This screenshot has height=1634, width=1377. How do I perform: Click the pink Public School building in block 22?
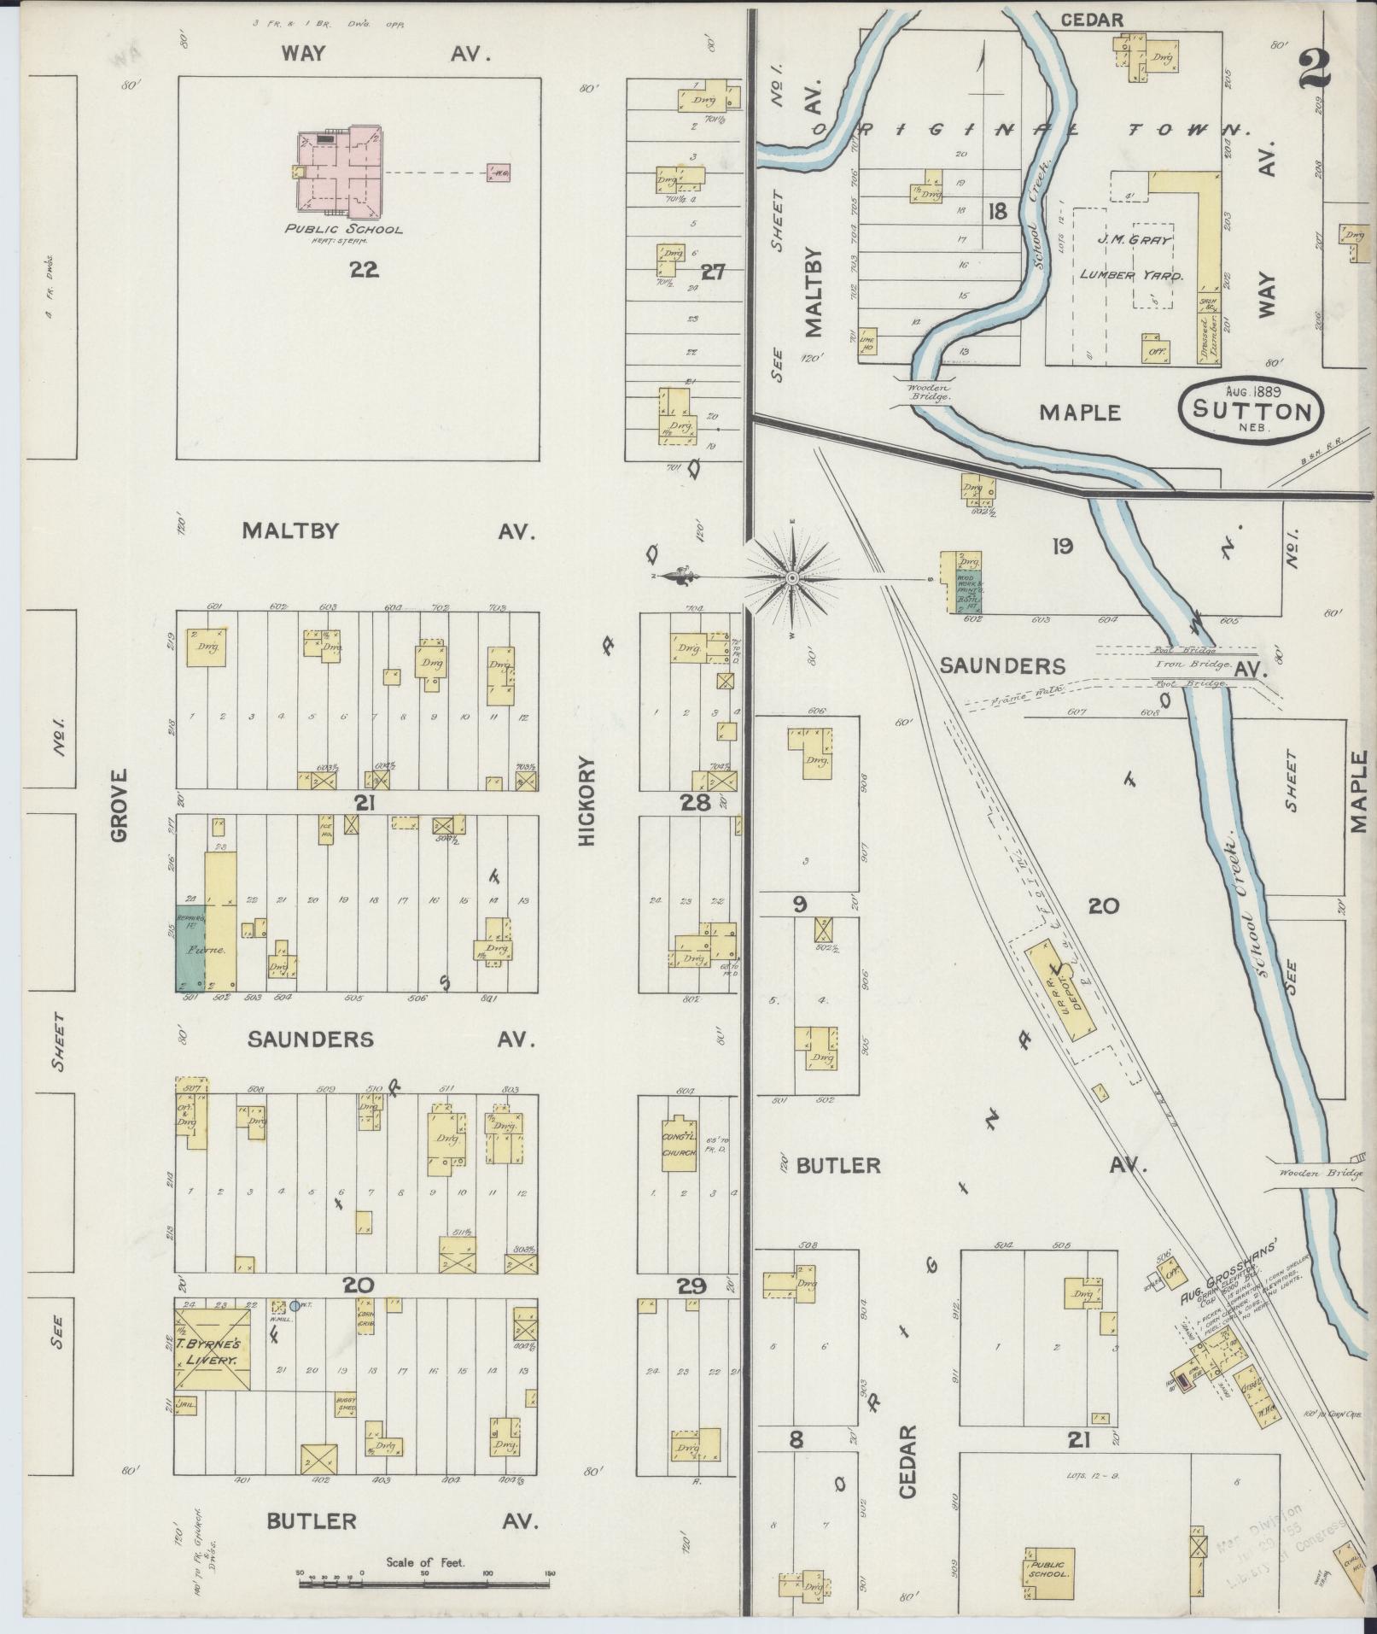340,172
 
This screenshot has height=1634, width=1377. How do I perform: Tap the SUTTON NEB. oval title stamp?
1252,410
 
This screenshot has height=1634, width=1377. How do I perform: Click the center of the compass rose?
791,578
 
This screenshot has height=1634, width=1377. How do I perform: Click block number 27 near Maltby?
712,272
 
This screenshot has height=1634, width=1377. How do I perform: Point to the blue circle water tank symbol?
295,1306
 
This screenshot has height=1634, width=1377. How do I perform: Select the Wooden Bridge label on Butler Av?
1310,1173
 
